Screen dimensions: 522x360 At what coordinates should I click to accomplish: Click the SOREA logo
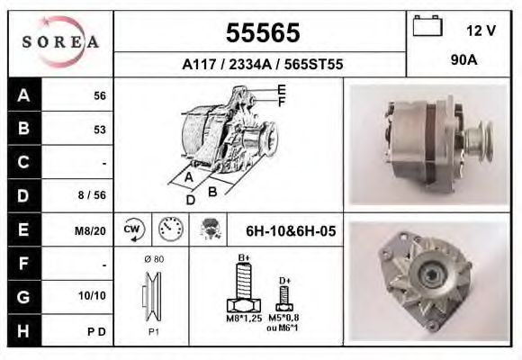click(x=60, y=41)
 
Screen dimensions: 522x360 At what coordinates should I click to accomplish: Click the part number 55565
click(x=263, y=32)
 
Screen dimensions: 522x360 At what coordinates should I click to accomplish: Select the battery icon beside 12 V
click(x=427, y=25)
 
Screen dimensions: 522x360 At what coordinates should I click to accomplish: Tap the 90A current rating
click(x=464, y=60)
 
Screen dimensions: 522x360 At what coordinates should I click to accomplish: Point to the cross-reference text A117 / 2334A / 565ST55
click(x=263, y=64)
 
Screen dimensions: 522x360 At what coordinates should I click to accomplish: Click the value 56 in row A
click(x=100, y=96)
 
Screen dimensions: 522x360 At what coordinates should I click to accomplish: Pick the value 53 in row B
click(x=100, y=130)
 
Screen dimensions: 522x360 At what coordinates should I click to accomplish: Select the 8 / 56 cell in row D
click(x=92, y=194)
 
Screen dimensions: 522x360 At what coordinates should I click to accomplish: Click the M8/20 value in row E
click(x=90, y=230)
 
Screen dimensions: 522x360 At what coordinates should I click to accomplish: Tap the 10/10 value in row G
click(x=92, y=295)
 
